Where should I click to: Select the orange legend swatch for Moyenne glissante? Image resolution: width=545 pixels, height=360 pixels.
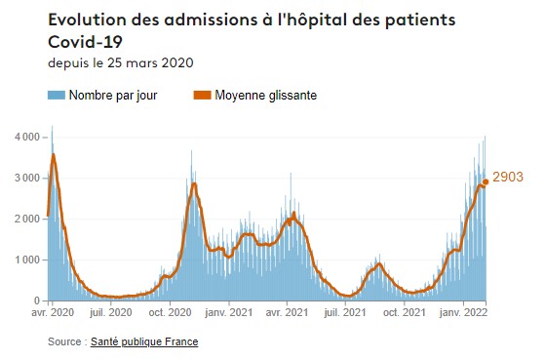tap(202, 96)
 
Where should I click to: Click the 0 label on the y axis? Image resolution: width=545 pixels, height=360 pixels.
tap(36, 300)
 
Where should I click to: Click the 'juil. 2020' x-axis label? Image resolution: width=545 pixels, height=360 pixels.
tap(109, 313)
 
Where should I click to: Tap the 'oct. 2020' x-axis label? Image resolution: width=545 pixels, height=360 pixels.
tap(170, 313)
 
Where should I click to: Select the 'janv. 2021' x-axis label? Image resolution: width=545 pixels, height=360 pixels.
tap(231, 313)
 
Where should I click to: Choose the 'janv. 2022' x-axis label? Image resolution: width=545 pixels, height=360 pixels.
tap(464, 313)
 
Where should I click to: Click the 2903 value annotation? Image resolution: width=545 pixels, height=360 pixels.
tap(508, 178)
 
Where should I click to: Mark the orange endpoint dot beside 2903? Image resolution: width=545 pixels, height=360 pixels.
tap(486, 181)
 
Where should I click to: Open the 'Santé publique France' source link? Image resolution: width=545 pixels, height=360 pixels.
tap(144, 342)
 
